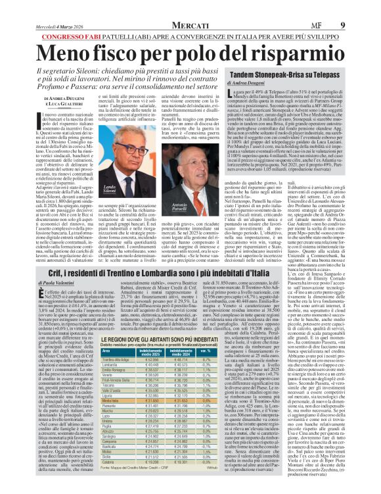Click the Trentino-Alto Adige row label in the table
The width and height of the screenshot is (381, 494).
101,360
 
